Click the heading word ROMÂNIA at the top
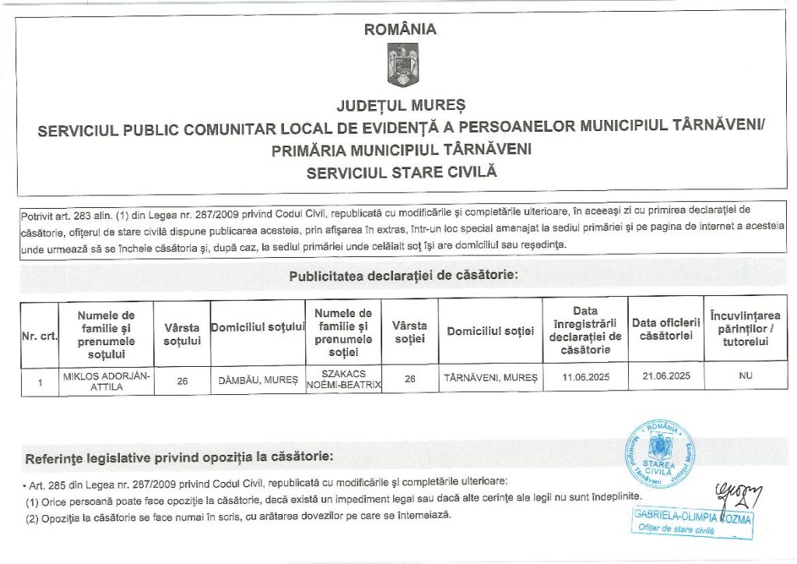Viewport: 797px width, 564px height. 401,30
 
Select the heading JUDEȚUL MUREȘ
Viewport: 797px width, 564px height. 401,104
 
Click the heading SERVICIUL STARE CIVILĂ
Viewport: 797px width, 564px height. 401,172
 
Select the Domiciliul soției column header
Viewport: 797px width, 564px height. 490,332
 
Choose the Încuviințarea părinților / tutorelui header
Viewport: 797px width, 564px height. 746,329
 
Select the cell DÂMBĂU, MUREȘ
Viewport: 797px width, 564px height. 258,379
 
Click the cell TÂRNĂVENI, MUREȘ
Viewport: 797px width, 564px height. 490,378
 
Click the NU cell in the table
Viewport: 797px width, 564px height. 746,376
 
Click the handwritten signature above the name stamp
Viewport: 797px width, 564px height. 738,493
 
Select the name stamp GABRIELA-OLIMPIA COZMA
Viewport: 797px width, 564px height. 693,516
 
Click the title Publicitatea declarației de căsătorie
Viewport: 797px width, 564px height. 402,276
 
